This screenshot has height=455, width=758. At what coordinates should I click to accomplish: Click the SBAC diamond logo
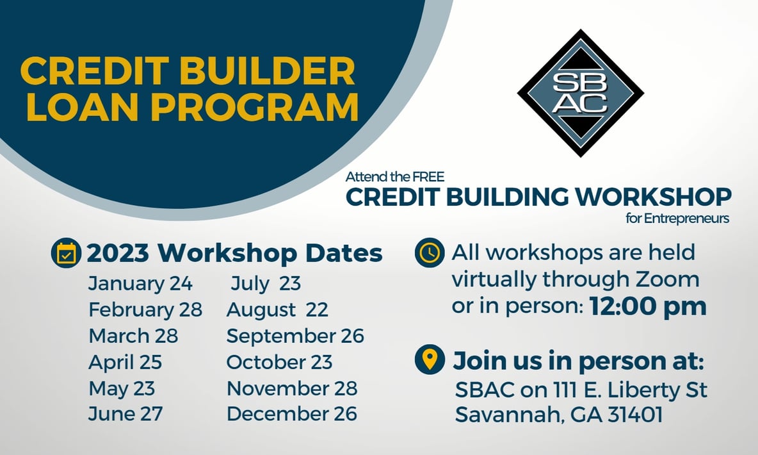coord(580,93)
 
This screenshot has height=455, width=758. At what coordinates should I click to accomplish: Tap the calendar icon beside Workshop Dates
coord(66,252)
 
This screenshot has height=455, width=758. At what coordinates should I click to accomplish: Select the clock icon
coord(430,252)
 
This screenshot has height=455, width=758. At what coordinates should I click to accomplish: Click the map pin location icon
coord(430,360)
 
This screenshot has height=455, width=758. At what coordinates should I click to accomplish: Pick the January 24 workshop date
coord(140,284)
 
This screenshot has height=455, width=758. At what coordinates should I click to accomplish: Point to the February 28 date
coord(145,310)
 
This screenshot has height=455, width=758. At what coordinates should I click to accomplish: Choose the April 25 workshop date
coord(125,362)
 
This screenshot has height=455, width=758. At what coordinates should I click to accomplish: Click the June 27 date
coord(125,414)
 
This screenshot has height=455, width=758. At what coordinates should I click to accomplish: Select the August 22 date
coord(277,310)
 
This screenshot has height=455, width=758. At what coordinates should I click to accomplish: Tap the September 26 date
coord(295,336)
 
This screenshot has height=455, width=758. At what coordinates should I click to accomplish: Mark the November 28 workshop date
coord(292,388)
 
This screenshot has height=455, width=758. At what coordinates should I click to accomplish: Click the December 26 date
coord(291,414)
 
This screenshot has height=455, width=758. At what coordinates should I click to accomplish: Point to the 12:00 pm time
coord(648,306)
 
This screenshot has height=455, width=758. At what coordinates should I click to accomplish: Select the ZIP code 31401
coord(634,415)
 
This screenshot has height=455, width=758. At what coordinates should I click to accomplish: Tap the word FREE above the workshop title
coord(428,177)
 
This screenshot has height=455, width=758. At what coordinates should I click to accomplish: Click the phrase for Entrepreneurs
coord(677,219)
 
